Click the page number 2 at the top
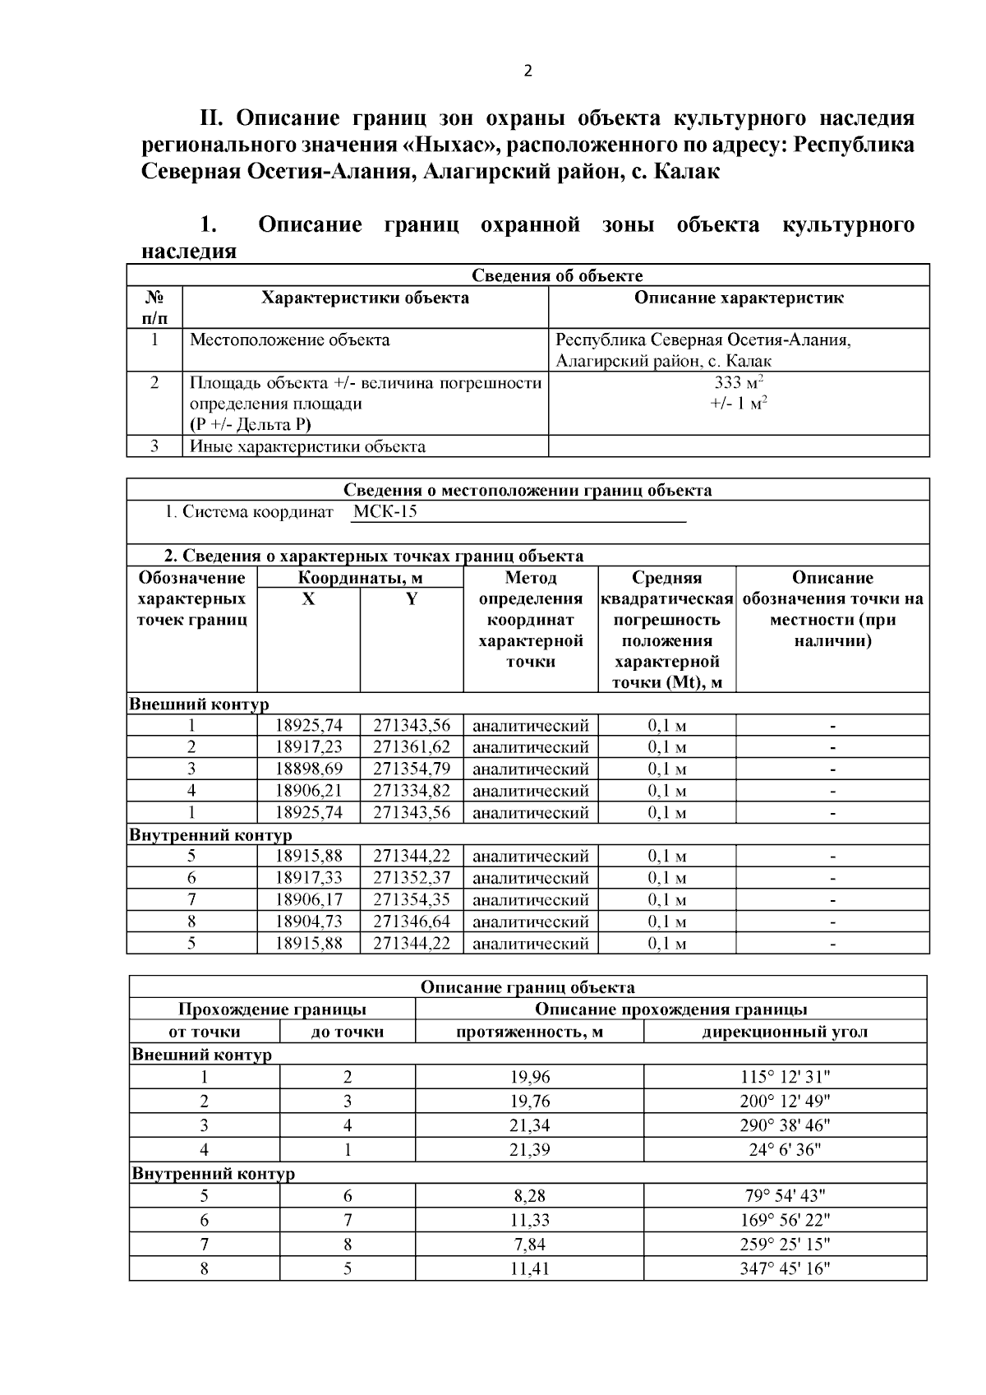(528, 71)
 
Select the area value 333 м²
(739, 382)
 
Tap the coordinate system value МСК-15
(385, 512)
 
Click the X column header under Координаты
(308, 599)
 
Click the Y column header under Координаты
(411, 599)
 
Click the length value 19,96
(529, 1077)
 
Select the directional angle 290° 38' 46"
(785, 1125)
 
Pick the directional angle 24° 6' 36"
(785, 1149)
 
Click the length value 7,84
(529, 1245)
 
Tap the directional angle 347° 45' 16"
(785, 1268)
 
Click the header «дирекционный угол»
(785, 1032)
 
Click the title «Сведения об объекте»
(557, 275)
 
